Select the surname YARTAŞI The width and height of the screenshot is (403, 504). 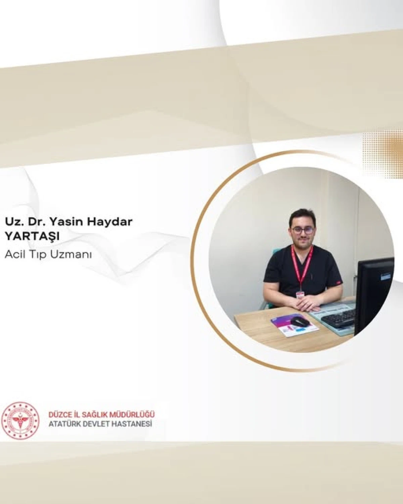pos(32,237)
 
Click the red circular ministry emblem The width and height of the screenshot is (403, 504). pos(20,419)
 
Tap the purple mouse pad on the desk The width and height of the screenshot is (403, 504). pos(295,326)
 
